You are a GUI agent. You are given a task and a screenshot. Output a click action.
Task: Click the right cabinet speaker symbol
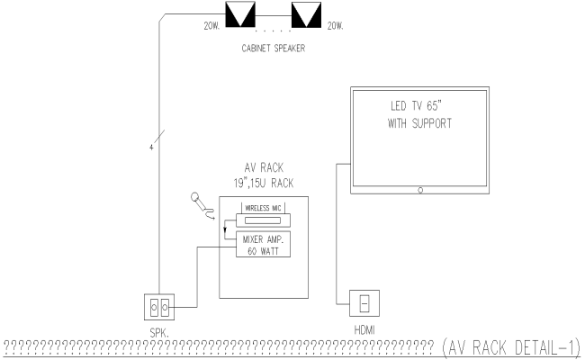click(306, 15)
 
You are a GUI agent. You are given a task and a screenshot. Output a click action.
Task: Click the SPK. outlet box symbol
click(158, 308)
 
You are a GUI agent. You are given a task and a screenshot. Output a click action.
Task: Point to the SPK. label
click(160, 332)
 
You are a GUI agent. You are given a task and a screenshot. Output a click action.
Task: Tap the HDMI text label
click(363, 330)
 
